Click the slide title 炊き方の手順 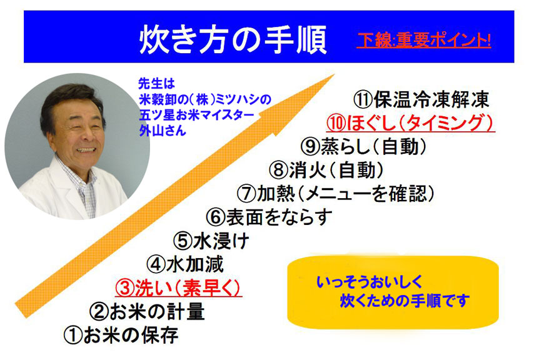(233, 39)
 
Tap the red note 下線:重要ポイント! (424, 40)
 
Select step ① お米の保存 (121, 336)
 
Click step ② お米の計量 (147, 311)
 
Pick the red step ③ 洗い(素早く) (178, 288)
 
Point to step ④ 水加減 (185, 264)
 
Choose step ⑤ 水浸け (211, 241)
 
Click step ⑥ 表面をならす (269, 217)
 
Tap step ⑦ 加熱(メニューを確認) (336, 194)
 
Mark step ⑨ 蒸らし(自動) (363, 146)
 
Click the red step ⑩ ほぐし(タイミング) (410, 123)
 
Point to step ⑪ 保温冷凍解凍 (421, 99)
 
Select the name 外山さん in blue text (163, 131)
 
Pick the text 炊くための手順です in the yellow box (405, 301)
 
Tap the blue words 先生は (156, 84)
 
